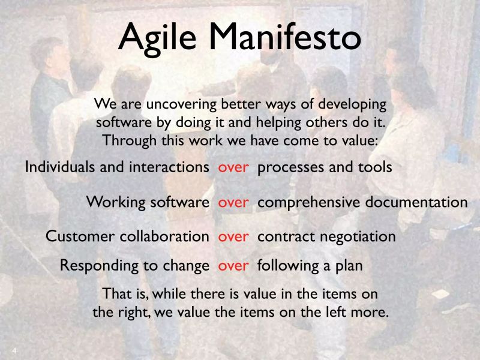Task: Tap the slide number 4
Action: click(x=14, y=350)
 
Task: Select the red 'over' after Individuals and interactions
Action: click(x=233, y=167)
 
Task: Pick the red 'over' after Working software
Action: click(x=233, y=202)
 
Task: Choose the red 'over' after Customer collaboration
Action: click(x=233, y=236)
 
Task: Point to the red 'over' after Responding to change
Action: click(x=233, y=265)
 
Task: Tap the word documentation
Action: click(x=413, y=202)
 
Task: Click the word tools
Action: click(x=377, y=167)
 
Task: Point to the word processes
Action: click(x=288, y=168)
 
